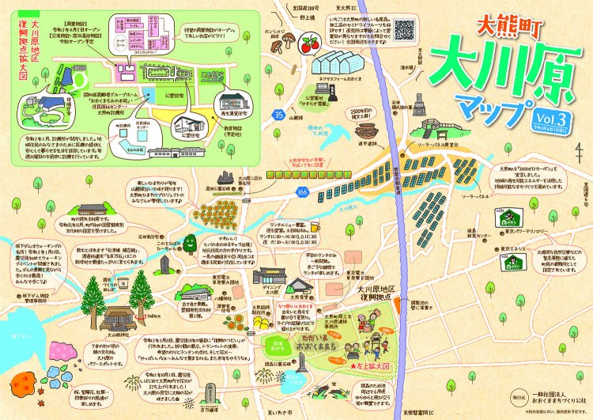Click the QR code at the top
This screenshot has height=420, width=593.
[405, 28]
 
